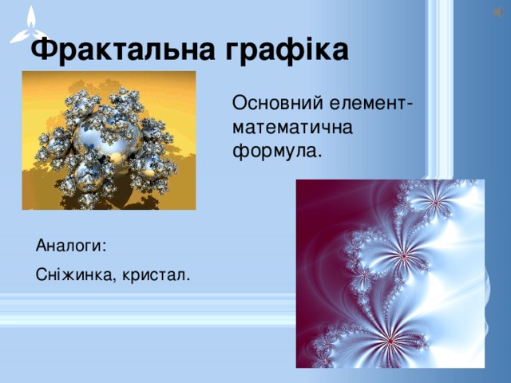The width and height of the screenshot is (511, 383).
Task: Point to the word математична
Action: click(293, 127)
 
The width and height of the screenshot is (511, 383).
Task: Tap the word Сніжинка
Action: click(77, 275)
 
